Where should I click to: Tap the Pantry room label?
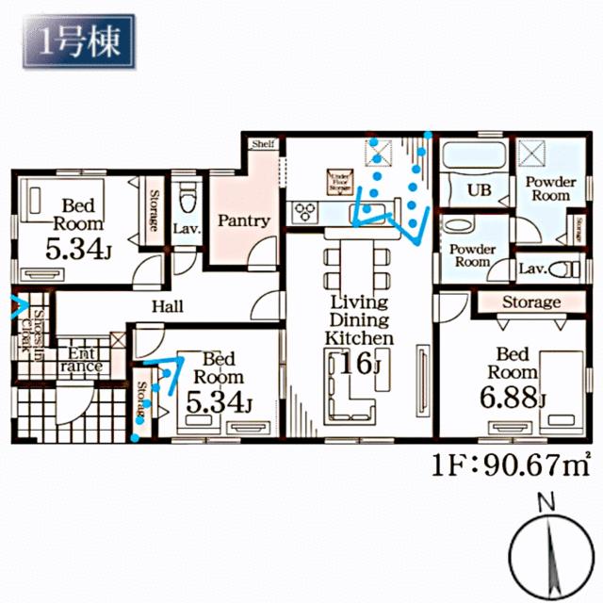244,221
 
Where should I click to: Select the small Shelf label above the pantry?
262,144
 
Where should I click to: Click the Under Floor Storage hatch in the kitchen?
338,181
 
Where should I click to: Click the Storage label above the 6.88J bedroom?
530,302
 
